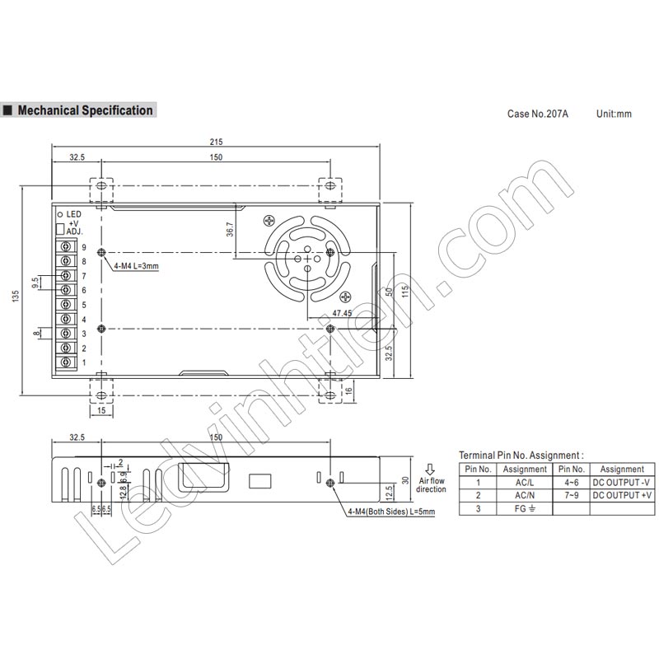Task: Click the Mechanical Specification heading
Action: pos(85,110)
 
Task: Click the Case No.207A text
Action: pos(537,114)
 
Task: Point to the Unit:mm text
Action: pos(614,114)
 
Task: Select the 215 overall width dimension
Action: pos(215,142)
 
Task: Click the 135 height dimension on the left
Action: pos(15,295)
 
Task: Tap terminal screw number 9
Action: pos(65,246)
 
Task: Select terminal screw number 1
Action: pos(65,362)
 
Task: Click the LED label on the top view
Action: pos(72,214)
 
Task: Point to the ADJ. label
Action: pos(75,232)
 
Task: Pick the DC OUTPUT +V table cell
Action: pos(622,495)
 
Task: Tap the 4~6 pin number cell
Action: pos(572,482)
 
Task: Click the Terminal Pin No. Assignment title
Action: pos(521,454)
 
